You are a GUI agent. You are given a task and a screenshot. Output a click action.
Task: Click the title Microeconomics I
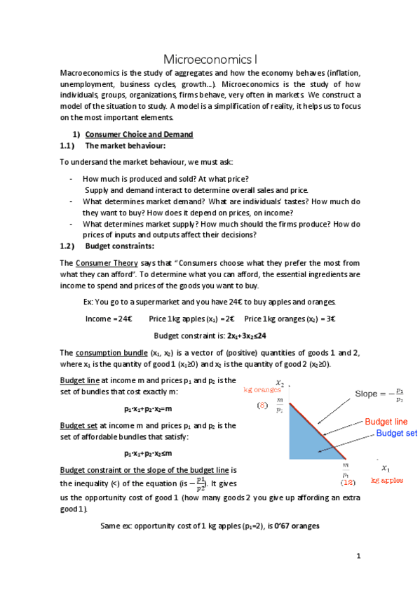[x=210, y=59]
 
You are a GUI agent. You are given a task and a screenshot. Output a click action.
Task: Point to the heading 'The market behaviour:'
[x=125, y=146]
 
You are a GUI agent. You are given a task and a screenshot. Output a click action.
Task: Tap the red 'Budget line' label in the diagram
[x=386, y=422]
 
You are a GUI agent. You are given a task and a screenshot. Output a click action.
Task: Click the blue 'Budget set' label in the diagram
[x=396, y=434]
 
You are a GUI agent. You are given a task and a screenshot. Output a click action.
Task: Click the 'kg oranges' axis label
[x=262, y=388]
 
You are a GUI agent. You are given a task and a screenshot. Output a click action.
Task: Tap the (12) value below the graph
[x=347, y=482]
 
